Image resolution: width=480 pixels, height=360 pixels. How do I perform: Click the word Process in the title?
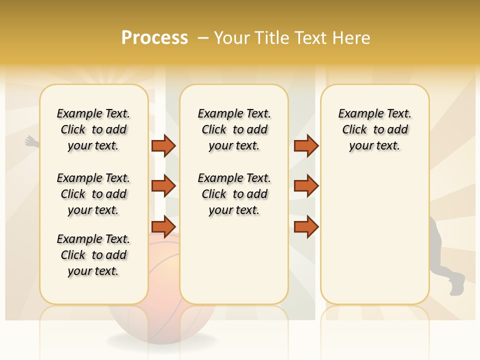[x=154, y=38]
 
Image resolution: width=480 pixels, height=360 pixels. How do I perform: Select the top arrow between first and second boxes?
[x=163, y=145]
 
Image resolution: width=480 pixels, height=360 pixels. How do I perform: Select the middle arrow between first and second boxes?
[x=163, y=186]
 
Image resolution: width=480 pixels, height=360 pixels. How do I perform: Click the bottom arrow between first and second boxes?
[x=163, y=226]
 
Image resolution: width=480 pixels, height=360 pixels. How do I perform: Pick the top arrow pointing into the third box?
[x=306, y=145]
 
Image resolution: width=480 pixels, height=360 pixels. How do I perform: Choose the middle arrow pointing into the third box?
[x=306, y=186]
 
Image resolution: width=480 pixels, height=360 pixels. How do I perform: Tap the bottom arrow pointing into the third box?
[x=306, y=226]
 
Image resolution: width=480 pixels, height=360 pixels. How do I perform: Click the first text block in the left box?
[x=93, y=129]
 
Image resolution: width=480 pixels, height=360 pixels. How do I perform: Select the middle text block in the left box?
[x=93, y=194]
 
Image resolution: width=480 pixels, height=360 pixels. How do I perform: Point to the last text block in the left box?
[x=93, y=255]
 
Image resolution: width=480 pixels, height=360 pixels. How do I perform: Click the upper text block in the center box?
[x=234, y=129]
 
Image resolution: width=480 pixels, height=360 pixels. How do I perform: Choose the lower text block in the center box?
[x=234, y=194]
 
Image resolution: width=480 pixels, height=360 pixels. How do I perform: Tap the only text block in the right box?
[x=374, y=129]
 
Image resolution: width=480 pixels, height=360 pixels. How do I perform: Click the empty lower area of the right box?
[x=374, y=240]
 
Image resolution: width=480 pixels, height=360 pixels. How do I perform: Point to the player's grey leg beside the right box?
[x=439, y=245]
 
